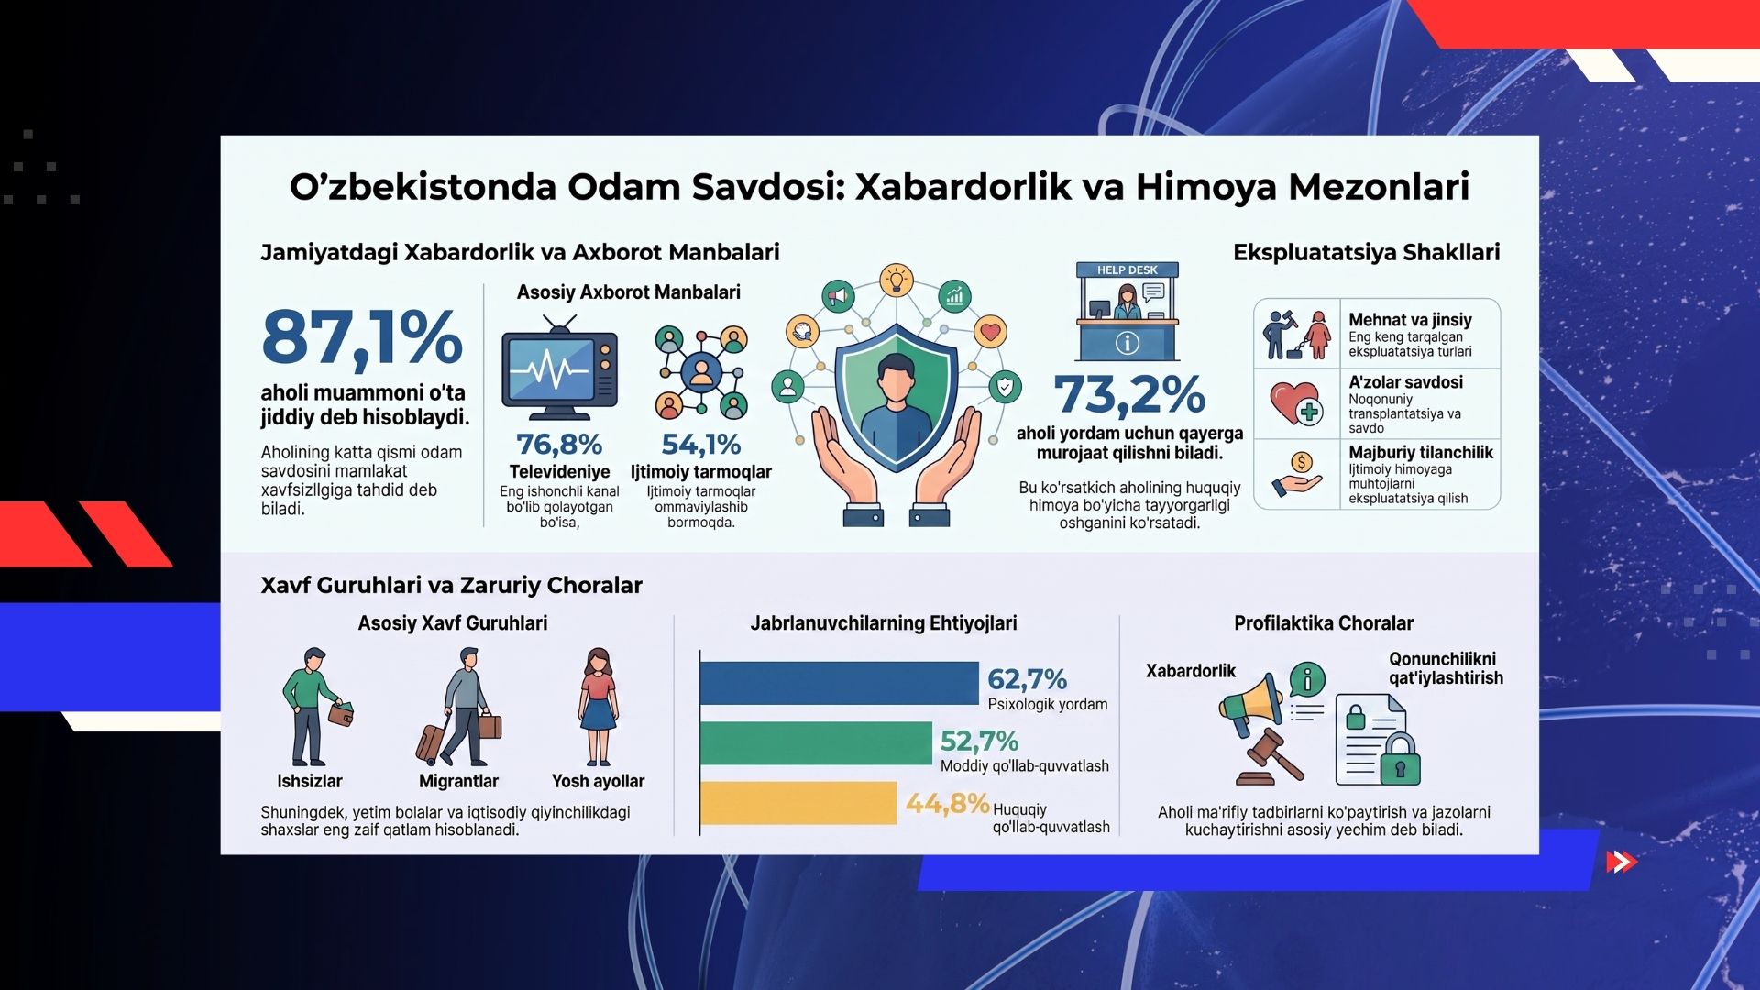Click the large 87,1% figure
tap(362, 336)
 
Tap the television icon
tap(559, 368)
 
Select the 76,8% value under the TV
tap(559, 445)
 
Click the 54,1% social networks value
tap(701, 445)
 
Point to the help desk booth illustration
tap(1127, 312)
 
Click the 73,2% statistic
tap(1129, 395)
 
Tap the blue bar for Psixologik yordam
tap(839, 683)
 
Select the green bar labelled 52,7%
tap(816, 743)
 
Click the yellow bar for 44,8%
tap(798, 803)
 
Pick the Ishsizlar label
tap(310, 781)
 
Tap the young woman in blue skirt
tap(599, 707)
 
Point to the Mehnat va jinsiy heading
tap(1410, 320)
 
